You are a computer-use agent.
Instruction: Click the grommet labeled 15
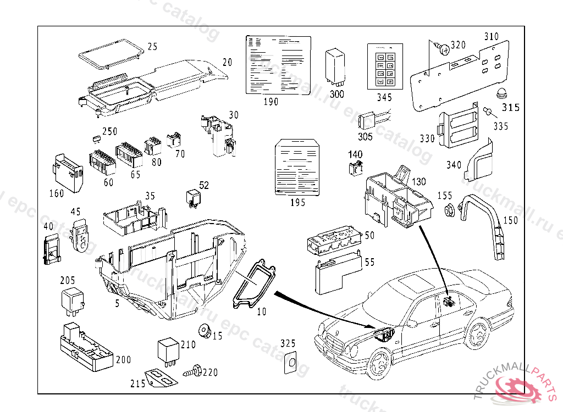205,331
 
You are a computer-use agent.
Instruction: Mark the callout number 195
297,203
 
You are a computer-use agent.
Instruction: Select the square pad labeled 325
291,363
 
